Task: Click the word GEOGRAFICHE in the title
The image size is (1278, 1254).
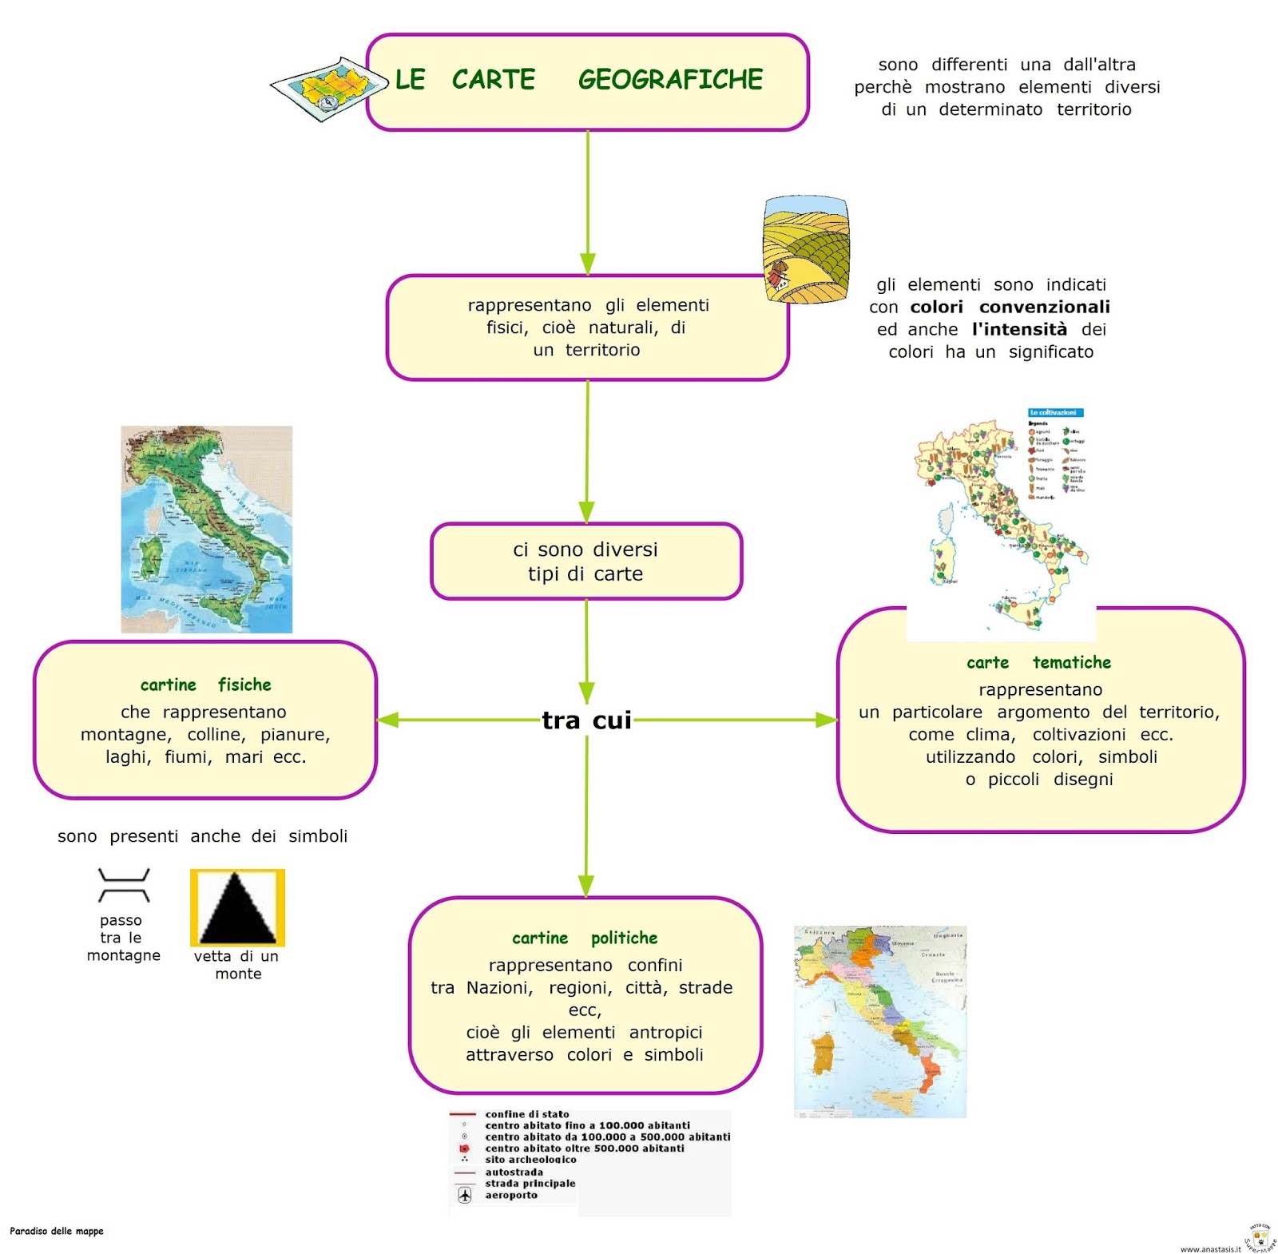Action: pos(670,80)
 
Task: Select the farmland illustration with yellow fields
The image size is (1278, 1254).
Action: pos(805,249)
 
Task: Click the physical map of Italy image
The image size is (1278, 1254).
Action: pos(206,529)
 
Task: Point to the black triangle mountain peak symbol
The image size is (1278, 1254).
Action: pos(237,908)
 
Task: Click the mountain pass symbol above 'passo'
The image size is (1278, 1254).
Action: pos(123,885)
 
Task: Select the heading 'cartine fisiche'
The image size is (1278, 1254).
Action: pos(205,685)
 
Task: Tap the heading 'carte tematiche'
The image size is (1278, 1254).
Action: pos(1038,662)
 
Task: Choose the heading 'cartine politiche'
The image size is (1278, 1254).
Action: pos(585,938)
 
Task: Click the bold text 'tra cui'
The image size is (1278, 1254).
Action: pos(586,720)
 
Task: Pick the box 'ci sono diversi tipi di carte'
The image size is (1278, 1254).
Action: pos(585,562)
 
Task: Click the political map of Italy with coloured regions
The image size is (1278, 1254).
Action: pos(879,1022)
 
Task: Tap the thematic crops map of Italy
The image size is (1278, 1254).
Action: pos(1000,519)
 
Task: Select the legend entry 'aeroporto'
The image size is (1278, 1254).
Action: pos(511,1195)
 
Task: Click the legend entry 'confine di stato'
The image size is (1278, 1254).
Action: pos(527,1113)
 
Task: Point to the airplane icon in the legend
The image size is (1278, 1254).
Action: pos(465,1195)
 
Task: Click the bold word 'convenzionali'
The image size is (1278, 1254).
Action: pos(1044,308)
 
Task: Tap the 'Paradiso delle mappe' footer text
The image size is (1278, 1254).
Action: pos(57,1231)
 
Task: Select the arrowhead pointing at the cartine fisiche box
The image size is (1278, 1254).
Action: pos(387,720)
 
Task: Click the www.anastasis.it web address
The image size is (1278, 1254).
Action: pos(1210,1248)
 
